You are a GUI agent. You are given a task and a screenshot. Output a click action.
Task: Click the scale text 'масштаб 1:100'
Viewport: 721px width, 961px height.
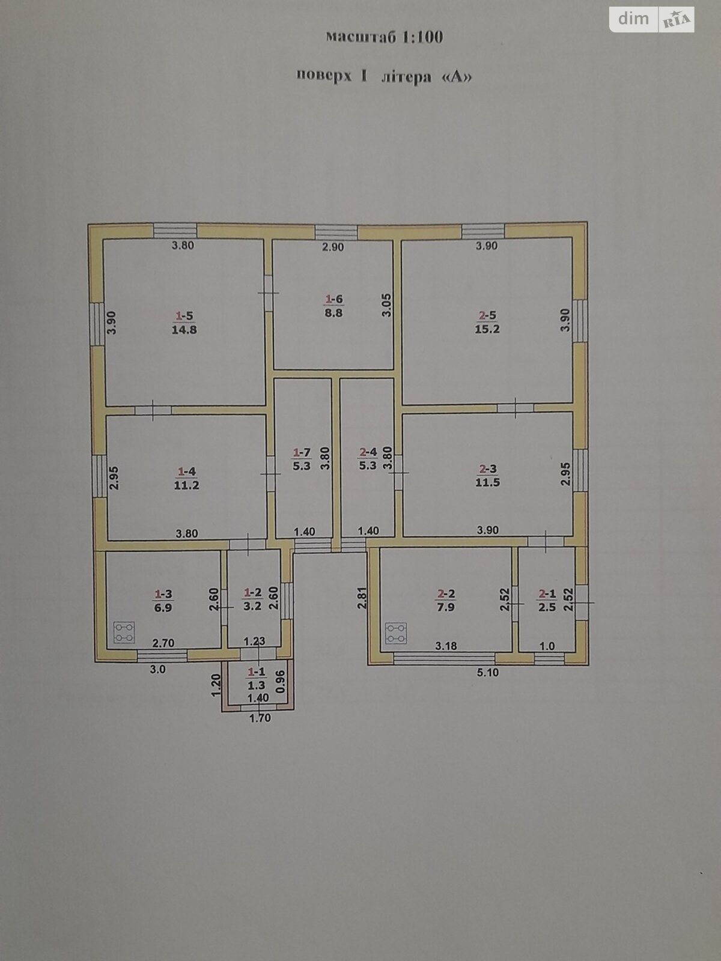click(x=384, y=37)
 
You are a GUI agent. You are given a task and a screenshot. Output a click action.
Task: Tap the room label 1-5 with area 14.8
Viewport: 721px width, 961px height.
click(x=185, y=323)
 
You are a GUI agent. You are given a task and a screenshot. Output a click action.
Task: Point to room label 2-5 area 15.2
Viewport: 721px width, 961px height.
click(x=487, y=323)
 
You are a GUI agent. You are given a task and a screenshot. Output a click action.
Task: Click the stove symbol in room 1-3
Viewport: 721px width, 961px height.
click(x=124, y=632)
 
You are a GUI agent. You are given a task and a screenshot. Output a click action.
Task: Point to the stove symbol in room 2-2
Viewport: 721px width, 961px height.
click(x=395, y=632)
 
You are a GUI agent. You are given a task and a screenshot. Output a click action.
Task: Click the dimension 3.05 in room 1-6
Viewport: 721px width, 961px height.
click(x=388, y=305)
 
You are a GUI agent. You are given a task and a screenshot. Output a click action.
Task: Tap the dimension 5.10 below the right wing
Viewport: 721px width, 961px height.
click(x=487, y=673)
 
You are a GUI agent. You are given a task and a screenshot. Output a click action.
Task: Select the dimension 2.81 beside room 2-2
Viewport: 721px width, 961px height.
click(x=361, y=598)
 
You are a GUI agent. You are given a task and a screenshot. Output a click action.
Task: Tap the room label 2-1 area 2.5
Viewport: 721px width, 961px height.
click(x=547, y=601)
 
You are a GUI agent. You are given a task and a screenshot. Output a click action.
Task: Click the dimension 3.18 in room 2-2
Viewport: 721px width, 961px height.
click(x=446, y=646)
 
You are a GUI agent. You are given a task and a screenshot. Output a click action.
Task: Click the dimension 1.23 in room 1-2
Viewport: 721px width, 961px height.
click(x=254, y=641)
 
